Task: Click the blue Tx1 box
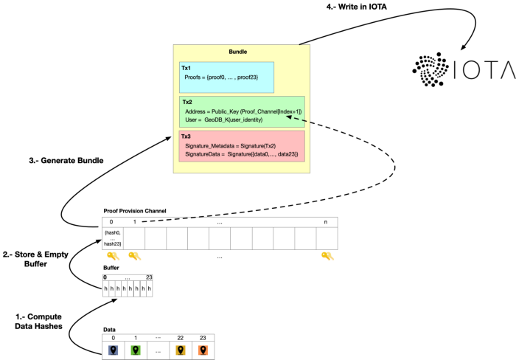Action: pyautogui.click(x=226, y=77)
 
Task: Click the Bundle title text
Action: pyautogui.click(x=238, y=52)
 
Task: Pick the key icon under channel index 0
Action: pyautogui.click(x=113, y=256)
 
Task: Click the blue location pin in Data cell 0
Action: pyautogui.click(x=113, y=350)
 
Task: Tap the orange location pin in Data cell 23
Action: pyautogui.click(x=203, y=350)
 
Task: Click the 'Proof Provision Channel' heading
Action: pyautogui.click(x=135, y=210)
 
